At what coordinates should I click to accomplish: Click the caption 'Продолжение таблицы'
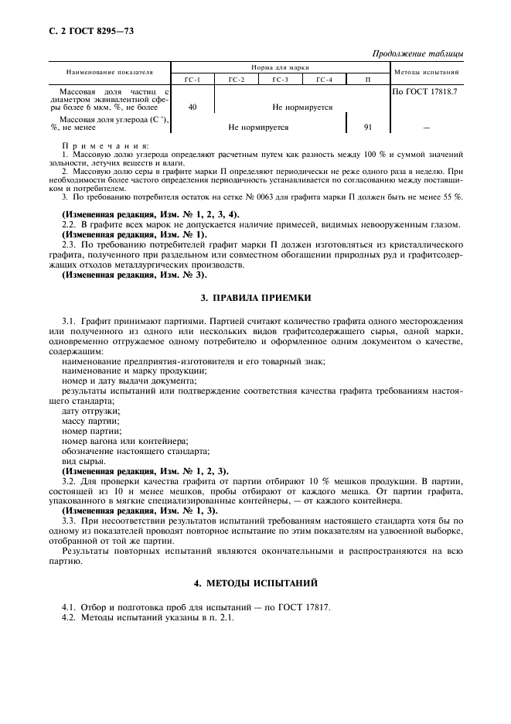(x=417, y=53)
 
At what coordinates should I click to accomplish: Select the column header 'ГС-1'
(x=192, y=80)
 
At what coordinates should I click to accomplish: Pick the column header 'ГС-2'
(x=237, y=80)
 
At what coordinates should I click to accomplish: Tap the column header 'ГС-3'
(x=281, y=80)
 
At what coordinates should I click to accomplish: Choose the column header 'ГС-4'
(x=325, y=80)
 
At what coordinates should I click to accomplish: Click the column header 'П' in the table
(x=367, y=80)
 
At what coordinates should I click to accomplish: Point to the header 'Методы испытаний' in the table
(x=427, y=72)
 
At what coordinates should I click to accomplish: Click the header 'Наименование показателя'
(x=109, y=72)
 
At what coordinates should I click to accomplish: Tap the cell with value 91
(x=367, y=127)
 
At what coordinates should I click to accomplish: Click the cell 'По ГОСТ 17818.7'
(x=425, y=90)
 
